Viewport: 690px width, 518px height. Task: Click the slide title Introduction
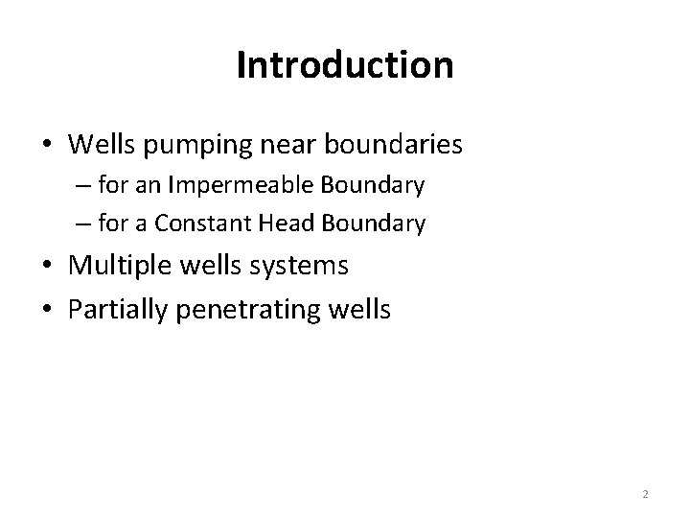click(344, 65)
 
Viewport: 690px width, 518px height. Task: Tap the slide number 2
click(645, 494)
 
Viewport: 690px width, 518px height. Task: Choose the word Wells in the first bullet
click(102, 146)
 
